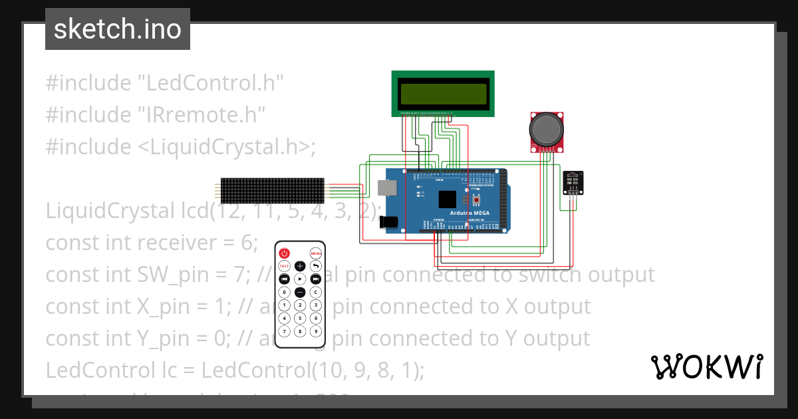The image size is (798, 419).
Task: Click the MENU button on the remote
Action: tap(316, 253)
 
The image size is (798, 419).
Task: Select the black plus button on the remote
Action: tap(300, 266)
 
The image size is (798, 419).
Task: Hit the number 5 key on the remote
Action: tap(300, 318)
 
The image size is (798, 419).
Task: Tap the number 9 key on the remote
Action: tap(316, 331)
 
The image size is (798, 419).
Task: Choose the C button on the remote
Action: tap(316, 292)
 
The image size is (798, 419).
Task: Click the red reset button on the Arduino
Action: tap(476, 200)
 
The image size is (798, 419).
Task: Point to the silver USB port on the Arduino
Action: tap(388, 188)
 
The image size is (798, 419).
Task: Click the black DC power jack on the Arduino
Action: tap(388, 223)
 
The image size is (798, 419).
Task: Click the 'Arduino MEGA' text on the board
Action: tap(469, 213)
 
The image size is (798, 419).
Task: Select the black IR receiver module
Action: tap(571, 182)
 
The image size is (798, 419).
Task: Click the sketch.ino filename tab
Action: tap(117, 29)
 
